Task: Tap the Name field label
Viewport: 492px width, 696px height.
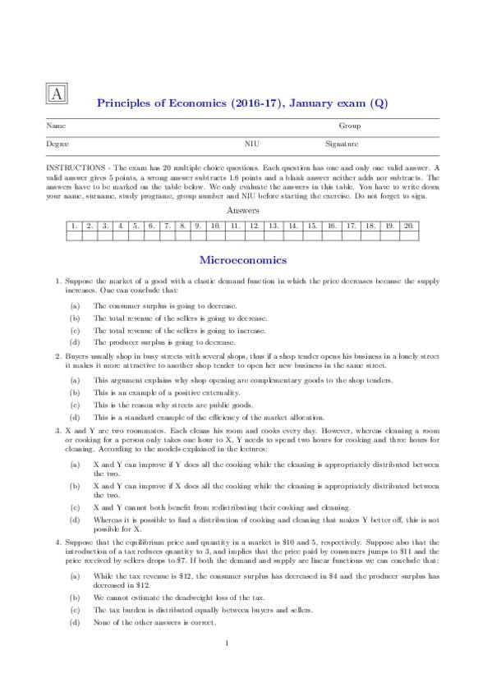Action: [56, 126]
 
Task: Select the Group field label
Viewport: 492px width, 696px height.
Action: [349, 126]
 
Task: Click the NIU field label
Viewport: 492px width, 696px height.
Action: [251, 144]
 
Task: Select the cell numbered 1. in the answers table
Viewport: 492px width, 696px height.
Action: [75, 225]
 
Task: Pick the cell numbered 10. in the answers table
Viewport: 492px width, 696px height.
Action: [215, 225]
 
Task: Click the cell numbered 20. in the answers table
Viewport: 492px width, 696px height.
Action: [409, 225]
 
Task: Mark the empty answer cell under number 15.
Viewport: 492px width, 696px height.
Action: [312, 236]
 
